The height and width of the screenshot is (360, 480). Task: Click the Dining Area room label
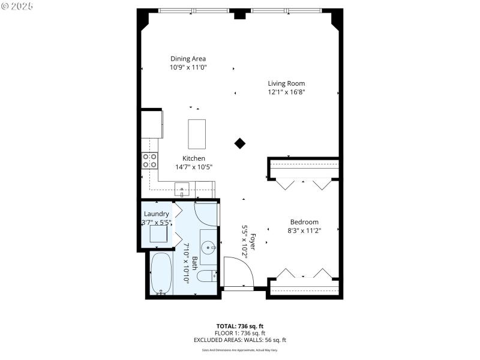tap(188, 59)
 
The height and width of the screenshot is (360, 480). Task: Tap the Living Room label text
tap(286, 83)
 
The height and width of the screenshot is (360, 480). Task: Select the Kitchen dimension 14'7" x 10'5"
tap(194, 167)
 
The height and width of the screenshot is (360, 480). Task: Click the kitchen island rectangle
tap(197, 134)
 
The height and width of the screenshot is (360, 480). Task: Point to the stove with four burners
tap(149, 160)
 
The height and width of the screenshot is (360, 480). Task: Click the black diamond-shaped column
tap(240, 143)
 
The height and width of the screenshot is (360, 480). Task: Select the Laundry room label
tap(156, 214)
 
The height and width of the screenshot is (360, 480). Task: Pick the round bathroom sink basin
tap(208, 247)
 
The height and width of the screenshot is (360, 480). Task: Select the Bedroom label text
tap(304, 221)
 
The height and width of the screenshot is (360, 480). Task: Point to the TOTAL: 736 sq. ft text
tap(239, 326)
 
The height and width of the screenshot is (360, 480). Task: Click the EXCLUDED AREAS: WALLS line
tap(239, 340)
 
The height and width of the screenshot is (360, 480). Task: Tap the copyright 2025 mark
tap(17, 5)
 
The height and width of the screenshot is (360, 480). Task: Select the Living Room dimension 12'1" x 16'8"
tap(286, 92)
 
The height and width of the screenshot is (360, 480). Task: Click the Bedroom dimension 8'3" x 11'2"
tap(304, 230)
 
